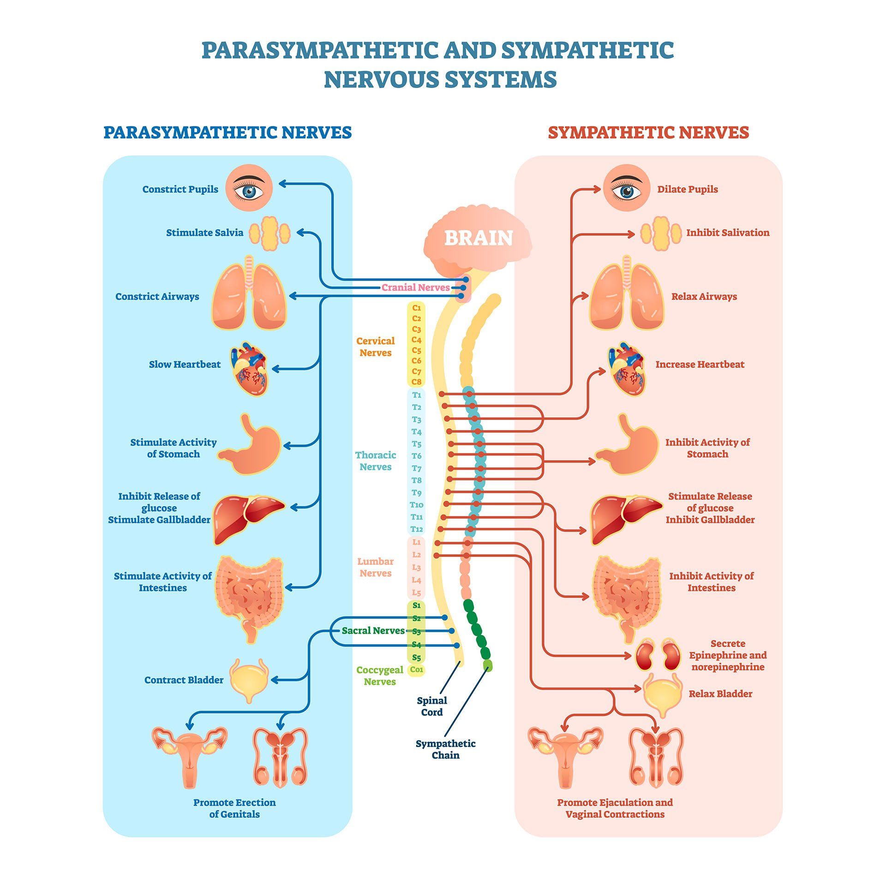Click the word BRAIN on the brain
point(478,238)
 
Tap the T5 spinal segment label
point(417,444)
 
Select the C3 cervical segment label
point(417,329)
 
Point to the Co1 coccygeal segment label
point(416,669)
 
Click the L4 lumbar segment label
point(417,580)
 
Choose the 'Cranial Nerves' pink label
point(415,287)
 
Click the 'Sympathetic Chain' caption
point(445,749)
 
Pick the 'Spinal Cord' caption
point(431,706)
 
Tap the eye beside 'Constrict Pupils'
point(249,188)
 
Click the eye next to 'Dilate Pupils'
point(627,188)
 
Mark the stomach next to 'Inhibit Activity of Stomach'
point(629,446)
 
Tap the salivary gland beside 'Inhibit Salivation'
point(660,233)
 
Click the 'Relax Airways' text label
point(704,297)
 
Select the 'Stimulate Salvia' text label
point(204,233)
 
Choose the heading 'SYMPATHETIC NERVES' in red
point(648,133)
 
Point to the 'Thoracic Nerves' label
point(376,461)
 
